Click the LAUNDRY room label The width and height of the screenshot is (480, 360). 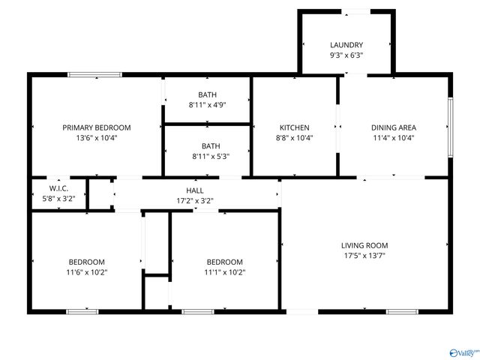click(x=346, y=45)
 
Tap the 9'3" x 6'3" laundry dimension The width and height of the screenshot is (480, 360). click(x=346, y=55)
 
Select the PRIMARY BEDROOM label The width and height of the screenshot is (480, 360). click(x=97, y=127)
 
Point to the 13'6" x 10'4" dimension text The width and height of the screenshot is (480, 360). click(x=97, y=137)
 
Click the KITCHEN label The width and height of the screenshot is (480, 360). click(x=295, y=127)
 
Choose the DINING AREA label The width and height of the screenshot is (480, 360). click(x=394, y=127)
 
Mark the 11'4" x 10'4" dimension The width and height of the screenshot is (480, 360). click(x=394, y=137)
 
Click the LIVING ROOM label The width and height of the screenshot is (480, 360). click(x=364, y=245)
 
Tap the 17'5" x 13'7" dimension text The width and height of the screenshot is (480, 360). click(x=364, y=255)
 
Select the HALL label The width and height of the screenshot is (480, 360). click(x=195, y=191)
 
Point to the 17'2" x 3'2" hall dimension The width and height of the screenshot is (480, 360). click(x=195, y=201)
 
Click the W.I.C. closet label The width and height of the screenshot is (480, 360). click(x=59, y=187)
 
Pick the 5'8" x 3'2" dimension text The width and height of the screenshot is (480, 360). click(x=59, y=198)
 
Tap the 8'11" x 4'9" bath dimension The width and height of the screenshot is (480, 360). click(x=208, y=105)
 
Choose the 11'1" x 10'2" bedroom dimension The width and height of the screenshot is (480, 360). click(x=225, y=272)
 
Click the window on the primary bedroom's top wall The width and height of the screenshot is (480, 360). click(x=94, y=74)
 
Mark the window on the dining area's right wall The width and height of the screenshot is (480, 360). click(x=450, y=127)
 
